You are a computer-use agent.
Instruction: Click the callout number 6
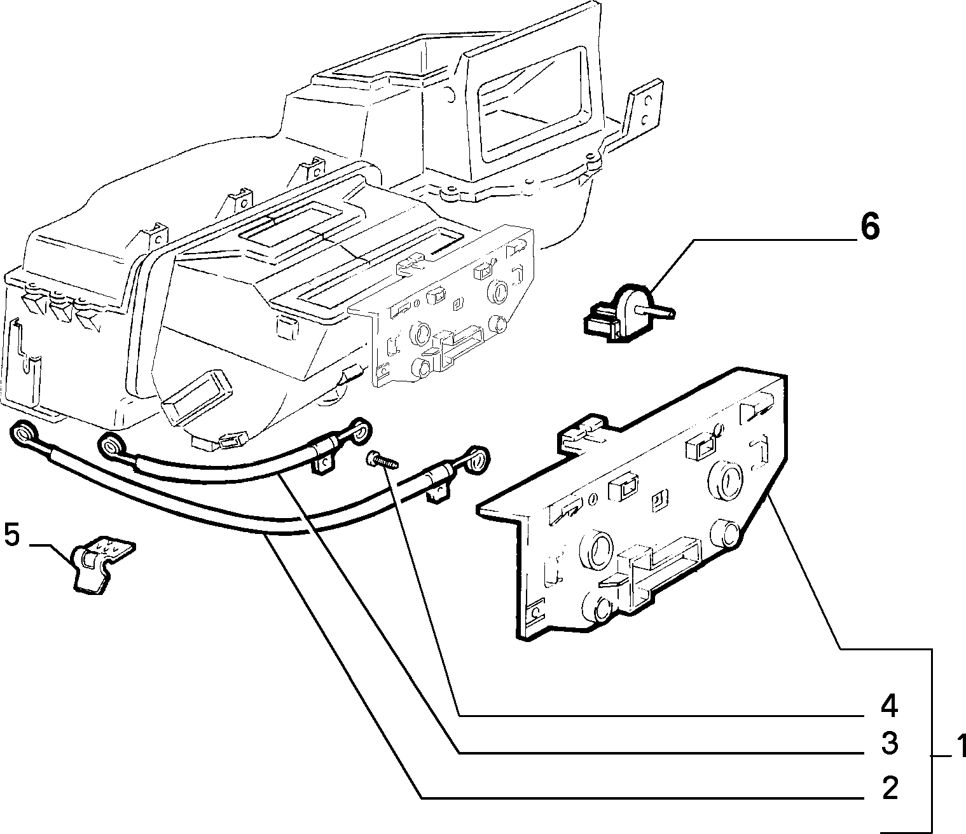pos(870,228)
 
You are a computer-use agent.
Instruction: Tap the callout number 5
pos(12,535)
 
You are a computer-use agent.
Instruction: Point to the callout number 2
pos(889,801)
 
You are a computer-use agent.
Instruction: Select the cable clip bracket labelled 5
pos(100,565)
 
